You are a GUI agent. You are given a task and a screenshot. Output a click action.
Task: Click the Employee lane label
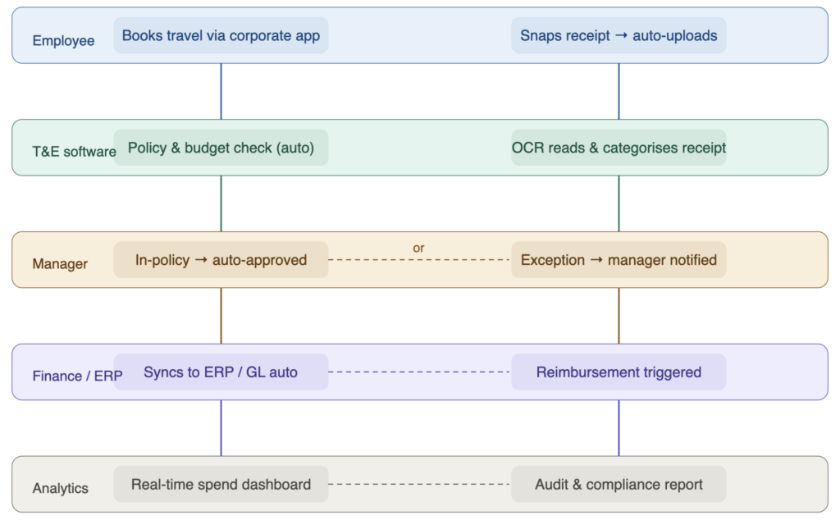(x=63, y=41)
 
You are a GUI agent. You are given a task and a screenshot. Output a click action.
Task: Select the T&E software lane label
(x=73, y=152)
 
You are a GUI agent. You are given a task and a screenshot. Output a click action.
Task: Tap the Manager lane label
(x=60, y=264)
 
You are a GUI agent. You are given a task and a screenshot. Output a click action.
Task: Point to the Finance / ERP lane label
(x=77, y=376)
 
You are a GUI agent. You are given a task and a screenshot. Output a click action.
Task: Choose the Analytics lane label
(x=60, y=488)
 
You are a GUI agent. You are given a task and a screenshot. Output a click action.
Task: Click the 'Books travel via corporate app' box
(x=221, y=36)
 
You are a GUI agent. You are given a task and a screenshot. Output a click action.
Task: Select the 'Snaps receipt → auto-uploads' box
(x=619, y=36)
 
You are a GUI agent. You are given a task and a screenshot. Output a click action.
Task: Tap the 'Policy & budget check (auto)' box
(x=221, y=148)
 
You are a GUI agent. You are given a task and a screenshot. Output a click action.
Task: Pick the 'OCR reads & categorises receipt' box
(x=619, y=148)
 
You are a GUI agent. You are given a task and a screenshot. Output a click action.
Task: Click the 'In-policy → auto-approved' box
(x=221, y=260)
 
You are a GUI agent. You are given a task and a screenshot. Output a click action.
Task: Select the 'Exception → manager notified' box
(x=619, y=260)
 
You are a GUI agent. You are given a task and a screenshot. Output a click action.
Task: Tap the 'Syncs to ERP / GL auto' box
(x=221, y=372)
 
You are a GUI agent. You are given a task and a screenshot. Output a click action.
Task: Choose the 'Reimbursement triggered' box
(x=619, y=372)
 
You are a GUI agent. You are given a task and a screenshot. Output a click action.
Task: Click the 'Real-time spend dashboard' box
(x=221, y=484)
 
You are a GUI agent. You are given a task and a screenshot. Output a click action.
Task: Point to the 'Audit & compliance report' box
(x=619, y=484)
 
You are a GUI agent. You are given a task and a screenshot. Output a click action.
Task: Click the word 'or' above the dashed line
(x=418, y=248)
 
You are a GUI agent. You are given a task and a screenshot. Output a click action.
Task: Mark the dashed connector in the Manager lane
(x=419, y=260)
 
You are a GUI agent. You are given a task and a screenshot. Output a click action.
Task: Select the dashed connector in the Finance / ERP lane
(x=419, y=372)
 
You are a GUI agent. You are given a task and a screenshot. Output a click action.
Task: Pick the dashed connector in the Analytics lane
(x=419, y=484)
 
